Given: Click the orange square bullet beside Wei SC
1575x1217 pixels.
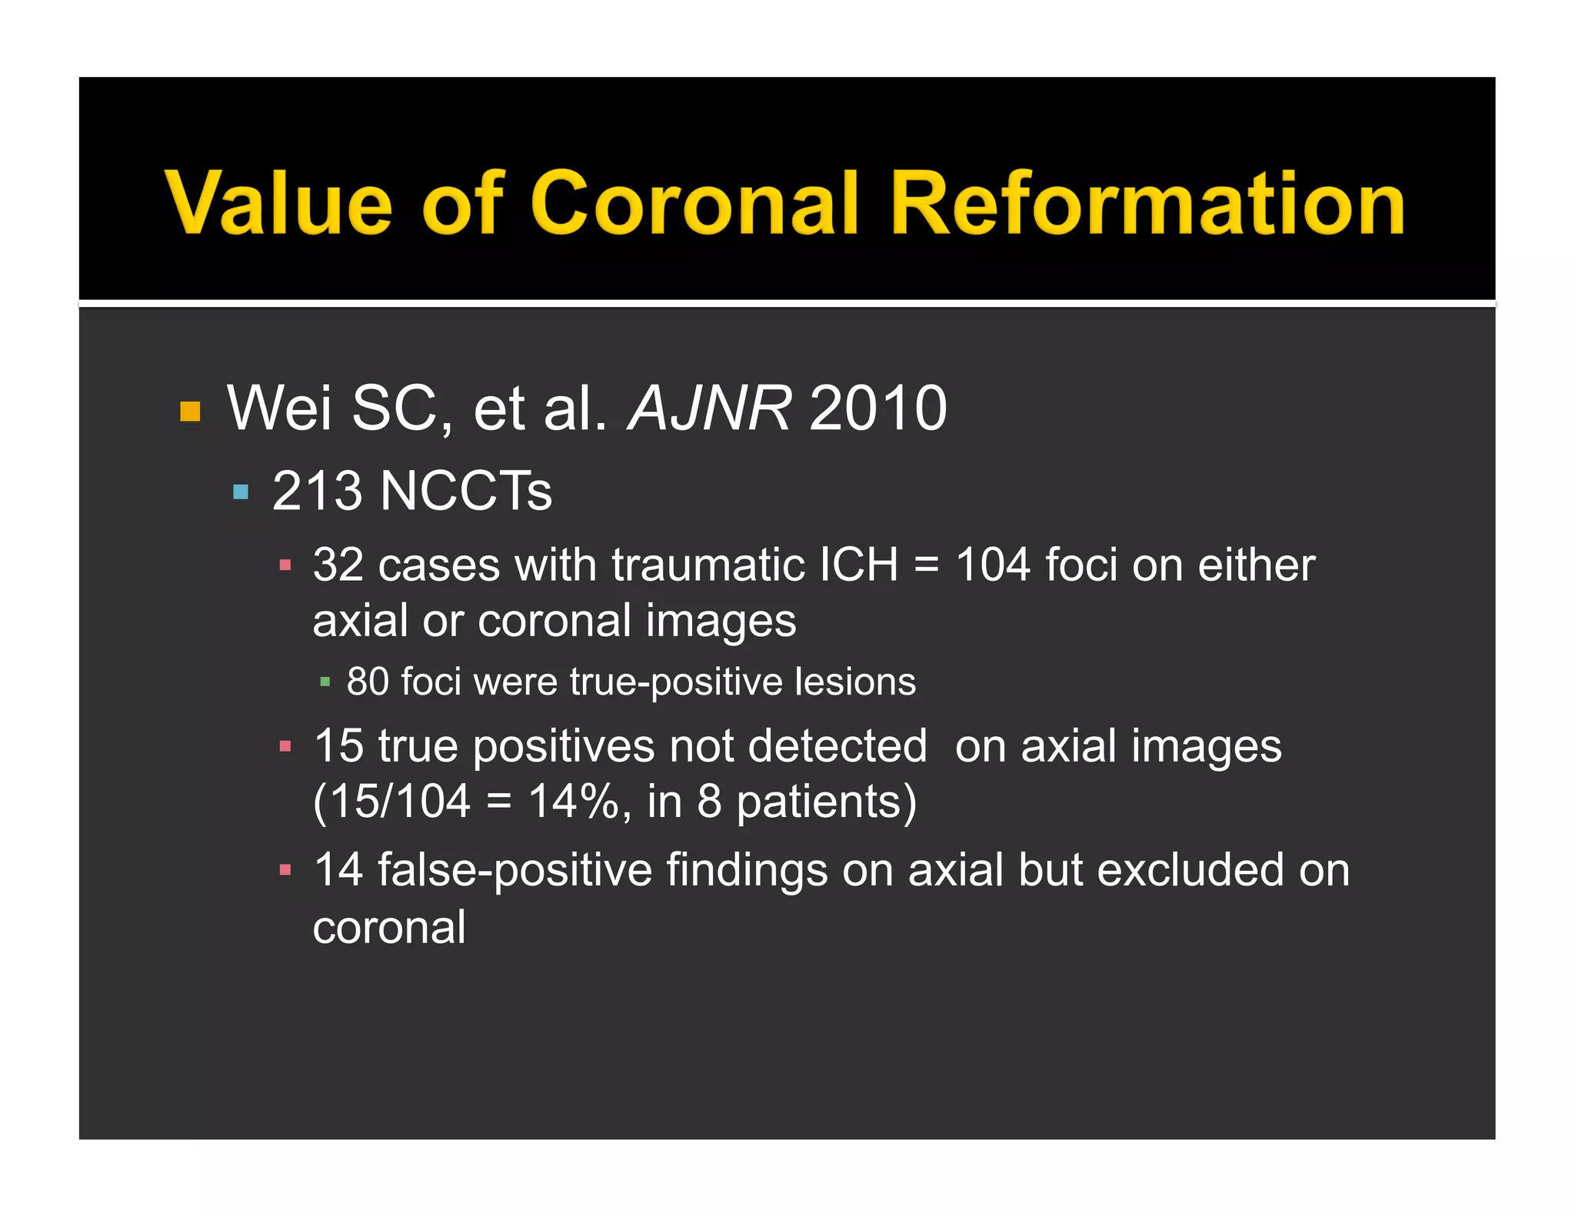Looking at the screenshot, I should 190,412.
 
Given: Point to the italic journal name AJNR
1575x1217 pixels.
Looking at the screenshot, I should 709,408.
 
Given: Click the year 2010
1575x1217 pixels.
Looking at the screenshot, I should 877,408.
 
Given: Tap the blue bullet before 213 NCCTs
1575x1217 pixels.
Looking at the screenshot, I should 241,492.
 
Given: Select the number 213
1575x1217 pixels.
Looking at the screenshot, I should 317,491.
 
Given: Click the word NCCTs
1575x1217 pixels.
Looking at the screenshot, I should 466,491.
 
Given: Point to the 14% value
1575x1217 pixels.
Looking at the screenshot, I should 574,802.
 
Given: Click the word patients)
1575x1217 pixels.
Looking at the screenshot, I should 827,802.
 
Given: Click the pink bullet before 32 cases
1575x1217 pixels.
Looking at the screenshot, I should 285,566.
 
